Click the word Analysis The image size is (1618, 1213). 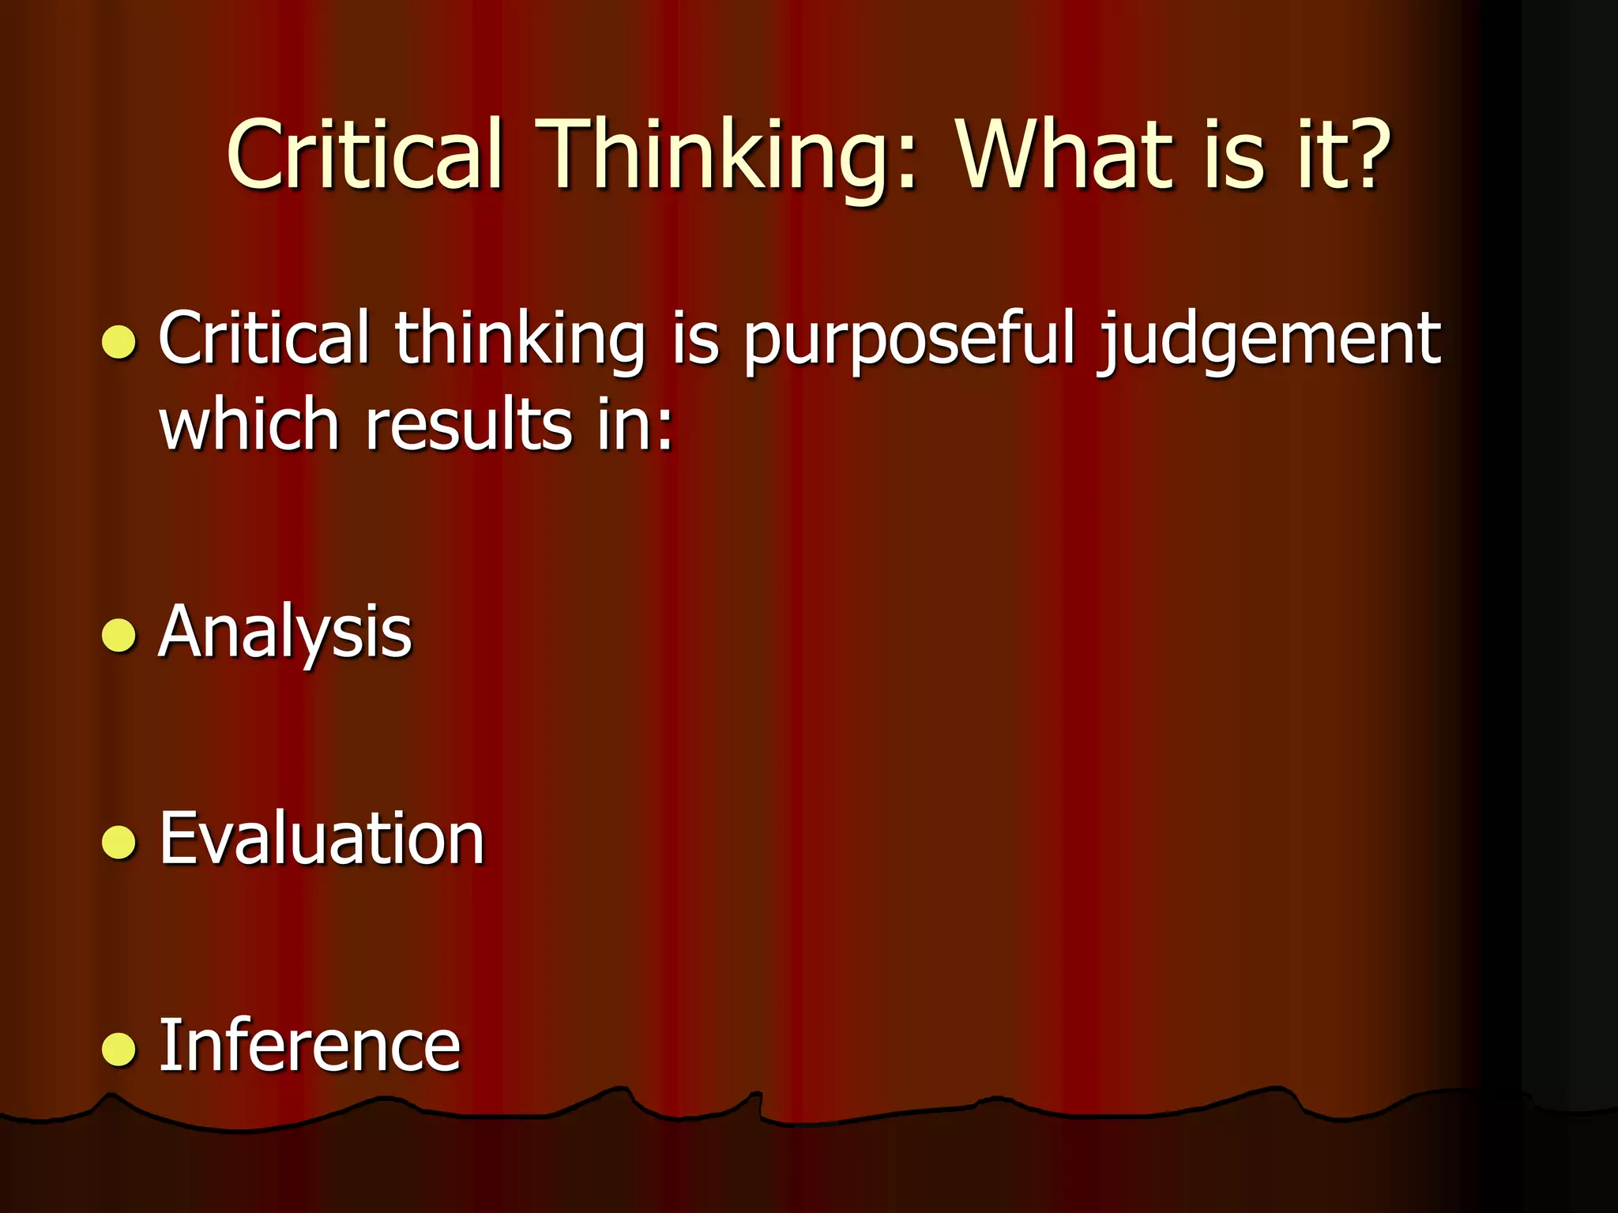[285, 632]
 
